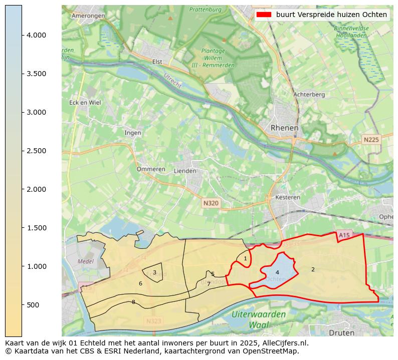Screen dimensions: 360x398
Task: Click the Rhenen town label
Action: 284,128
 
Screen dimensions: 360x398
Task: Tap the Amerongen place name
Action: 88,16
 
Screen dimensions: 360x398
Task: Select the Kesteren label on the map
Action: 288,197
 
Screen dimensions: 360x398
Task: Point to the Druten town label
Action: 341,332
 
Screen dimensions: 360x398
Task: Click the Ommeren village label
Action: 151,169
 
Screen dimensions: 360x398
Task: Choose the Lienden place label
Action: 184,171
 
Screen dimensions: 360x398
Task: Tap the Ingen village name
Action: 133,133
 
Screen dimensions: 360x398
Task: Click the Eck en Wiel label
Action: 85,103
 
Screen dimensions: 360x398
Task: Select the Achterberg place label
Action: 309,94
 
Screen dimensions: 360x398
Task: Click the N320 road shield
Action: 211,203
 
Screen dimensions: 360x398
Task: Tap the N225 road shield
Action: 371,140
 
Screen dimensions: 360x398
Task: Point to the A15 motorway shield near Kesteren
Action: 344,235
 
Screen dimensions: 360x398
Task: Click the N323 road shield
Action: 154,321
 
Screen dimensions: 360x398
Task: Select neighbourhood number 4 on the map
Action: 277,272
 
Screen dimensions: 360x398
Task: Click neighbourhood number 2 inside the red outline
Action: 313,269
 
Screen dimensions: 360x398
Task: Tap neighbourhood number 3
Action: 154,272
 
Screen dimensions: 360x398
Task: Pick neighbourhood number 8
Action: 133,302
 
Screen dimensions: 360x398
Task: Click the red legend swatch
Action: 263,15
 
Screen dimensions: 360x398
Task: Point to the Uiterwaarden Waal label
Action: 259,319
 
